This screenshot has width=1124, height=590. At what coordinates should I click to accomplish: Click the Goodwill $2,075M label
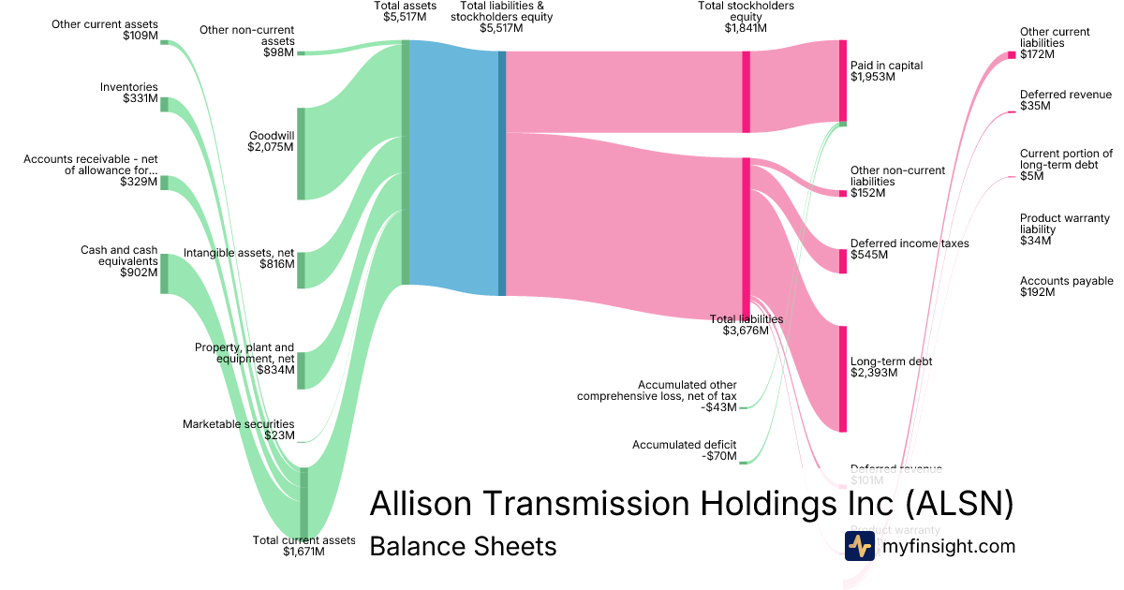271,140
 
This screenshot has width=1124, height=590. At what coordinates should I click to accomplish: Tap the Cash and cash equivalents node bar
165,273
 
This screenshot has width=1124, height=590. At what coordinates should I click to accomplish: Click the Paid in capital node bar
843,81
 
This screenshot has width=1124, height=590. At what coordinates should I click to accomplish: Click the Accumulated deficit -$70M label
684,450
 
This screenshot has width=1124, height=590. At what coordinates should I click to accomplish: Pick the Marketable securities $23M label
238,430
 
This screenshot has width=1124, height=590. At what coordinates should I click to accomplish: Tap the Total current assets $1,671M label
303,546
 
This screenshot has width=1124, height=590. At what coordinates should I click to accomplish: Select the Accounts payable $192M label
1066,287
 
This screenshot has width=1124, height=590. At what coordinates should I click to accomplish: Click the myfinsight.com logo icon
859,546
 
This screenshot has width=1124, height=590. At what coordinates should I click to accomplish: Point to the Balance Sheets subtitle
463,546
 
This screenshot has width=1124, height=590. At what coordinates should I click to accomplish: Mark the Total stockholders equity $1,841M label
746,17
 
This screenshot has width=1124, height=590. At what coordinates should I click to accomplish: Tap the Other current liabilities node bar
1012,55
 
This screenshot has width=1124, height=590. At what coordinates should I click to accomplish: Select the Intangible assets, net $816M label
239,258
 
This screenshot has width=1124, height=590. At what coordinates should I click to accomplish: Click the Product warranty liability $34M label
1064,229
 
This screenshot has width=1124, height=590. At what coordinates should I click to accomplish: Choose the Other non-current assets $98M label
247,41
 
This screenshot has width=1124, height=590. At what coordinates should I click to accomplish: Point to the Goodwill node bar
302,154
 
